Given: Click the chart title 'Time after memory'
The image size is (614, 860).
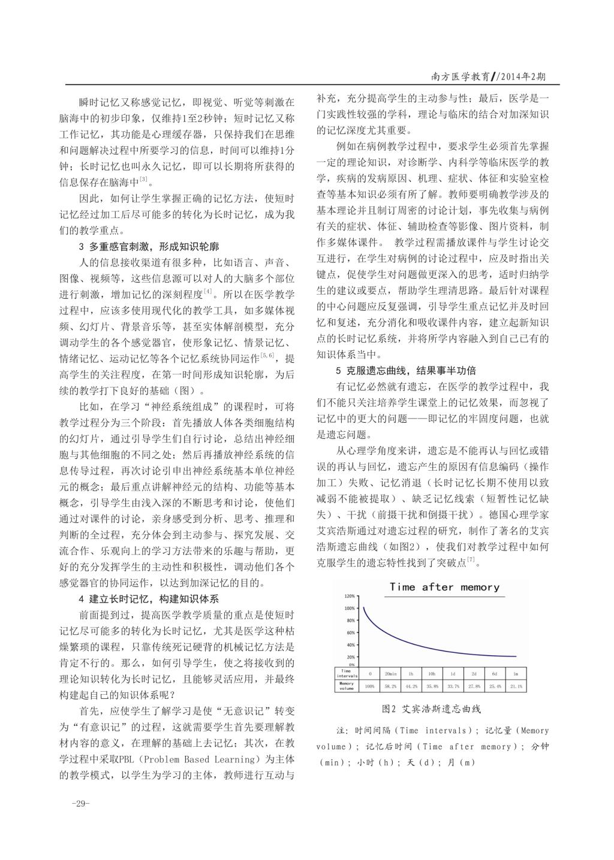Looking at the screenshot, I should (x=444, y=587).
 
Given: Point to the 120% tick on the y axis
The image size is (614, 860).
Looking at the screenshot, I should (x=350, y=596).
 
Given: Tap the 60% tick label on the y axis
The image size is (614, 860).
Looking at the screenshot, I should (x=351, y=632).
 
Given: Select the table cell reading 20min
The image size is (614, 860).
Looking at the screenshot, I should (x=390, y=674).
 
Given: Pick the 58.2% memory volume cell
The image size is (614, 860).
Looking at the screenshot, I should (x=390, y=686).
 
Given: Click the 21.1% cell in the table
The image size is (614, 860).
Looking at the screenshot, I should (x=516, y=686).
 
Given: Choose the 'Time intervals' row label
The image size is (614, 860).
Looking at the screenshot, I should (x=348, y=674).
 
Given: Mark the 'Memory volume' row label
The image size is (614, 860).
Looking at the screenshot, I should (x=348, y=686).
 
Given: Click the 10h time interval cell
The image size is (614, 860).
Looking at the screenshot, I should (x=432, y=674).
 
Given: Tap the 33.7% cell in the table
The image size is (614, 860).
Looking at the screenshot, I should (x=453, y=686).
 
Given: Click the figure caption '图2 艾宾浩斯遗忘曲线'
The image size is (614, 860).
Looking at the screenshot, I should (x=431, y=709).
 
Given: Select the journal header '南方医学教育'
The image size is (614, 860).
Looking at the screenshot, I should (x=460, y=76).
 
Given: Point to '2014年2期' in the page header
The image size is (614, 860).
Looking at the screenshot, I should (x=521, y=76).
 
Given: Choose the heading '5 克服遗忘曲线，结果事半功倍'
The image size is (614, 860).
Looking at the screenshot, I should (x=407, y=371).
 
